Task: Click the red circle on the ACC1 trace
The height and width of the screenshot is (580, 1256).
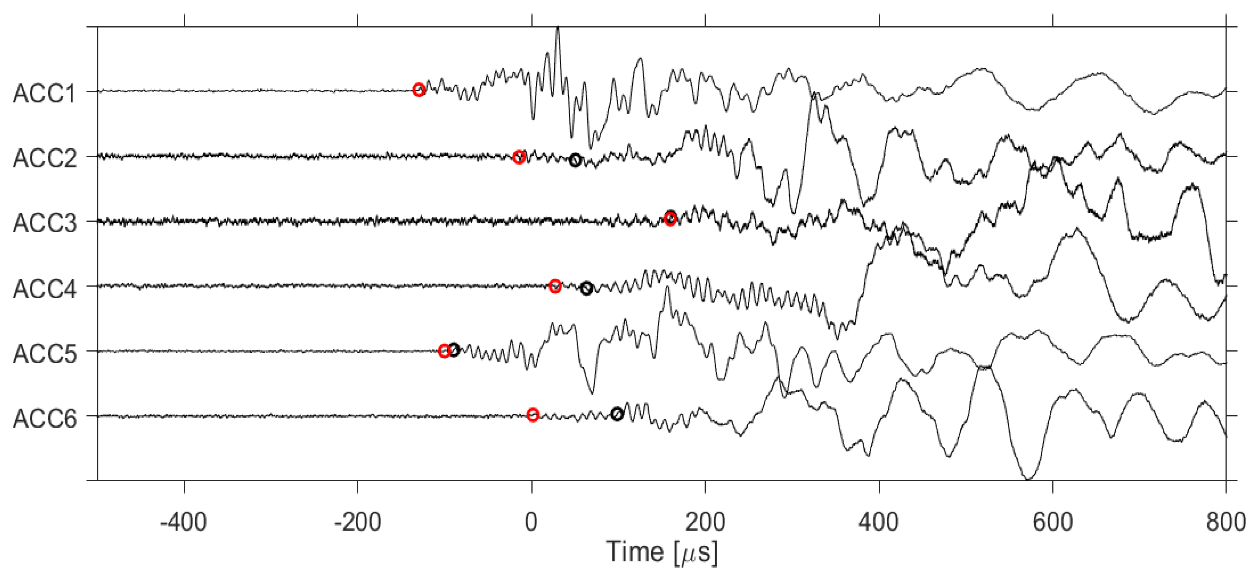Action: coord(418,90)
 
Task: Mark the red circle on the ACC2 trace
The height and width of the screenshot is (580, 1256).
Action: coord(519,157)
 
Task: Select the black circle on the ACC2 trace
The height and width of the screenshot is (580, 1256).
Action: coord(575,160)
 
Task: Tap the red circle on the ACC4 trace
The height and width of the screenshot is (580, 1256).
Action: coord(555,286)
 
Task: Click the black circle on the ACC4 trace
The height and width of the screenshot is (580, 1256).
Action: coord(587,288)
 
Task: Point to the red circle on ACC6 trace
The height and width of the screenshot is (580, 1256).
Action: coord(533,415)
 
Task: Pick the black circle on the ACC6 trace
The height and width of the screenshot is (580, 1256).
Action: coord(617,414)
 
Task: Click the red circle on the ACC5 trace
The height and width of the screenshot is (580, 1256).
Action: coord(444,351)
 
